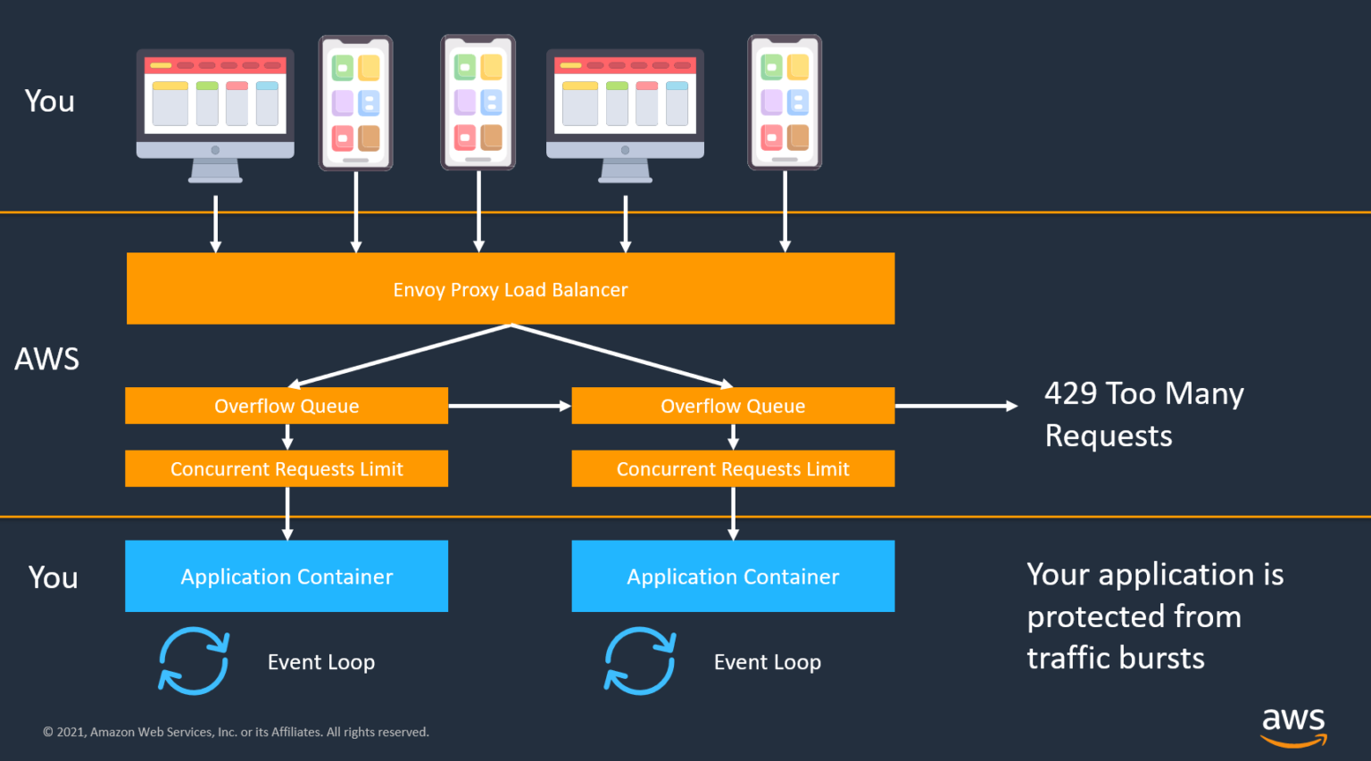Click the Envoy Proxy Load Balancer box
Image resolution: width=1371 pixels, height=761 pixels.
[x=510, y=289]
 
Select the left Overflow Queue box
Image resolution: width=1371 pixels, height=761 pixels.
[x=287, y=406]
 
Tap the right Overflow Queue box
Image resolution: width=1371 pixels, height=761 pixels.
[x=733, y=406]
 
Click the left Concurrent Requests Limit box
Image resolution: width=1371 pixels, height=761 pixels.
[x=287, y=468]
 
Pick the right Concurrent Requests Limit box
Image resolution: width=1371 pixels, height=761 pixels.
[x=733, y=468]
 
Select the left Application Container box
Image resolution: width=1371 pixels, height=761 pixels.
[x=287, y=576]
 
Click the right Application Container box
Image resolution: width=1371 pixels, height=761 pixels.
[x=733, y=576]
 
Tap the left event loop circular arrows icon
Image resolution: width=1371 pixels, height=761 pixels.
[x=194, y=661]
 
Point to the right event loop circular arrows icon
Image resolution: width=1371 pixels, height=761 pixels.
[x=640, y=661]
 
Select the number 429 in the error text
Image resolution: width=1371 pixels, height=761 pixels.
[x=1071, y=393]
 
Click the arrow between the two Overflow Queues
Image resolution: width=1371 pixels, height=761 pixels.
[x=509, y=406]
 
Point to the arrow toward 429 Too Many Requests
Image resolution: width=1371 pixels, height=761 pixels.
[x=955, y=406]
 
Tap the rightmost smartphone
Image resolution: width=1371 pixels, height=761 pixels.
[x=785, y=102]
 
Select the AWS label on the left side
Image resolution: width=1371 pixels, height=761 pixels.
[x=47, y=359]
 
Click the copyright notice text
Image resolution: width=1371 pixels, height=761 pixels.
[x=237, y=732]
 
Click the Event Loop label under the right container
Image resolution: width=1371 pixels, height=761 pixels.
[x=767, y=662]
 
